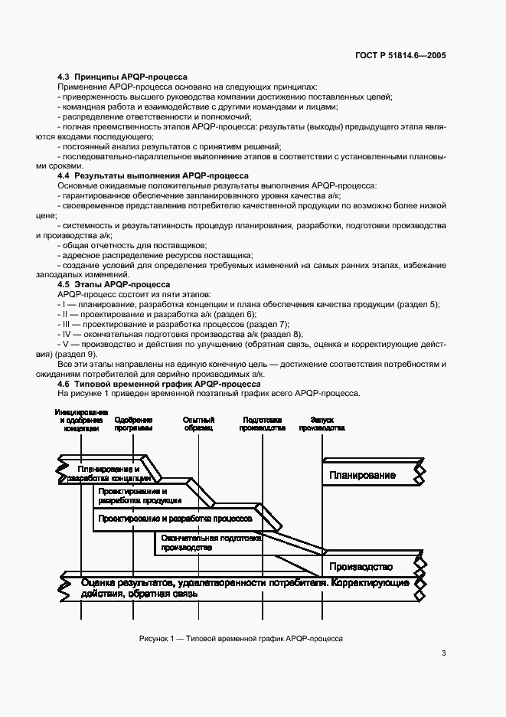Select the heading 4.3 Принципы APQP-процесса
click(123, 77)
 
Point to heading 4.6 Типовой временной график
click(159, 383)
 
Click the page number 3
click(443, 653)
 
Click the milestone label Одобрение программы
click(133, 424)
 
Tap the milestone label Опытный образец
click(198, 424)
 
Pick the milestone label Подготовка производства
click(262, 424)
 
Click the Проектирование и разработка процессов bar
click(175, 519)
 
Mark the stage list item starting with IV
click(181, 334)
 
